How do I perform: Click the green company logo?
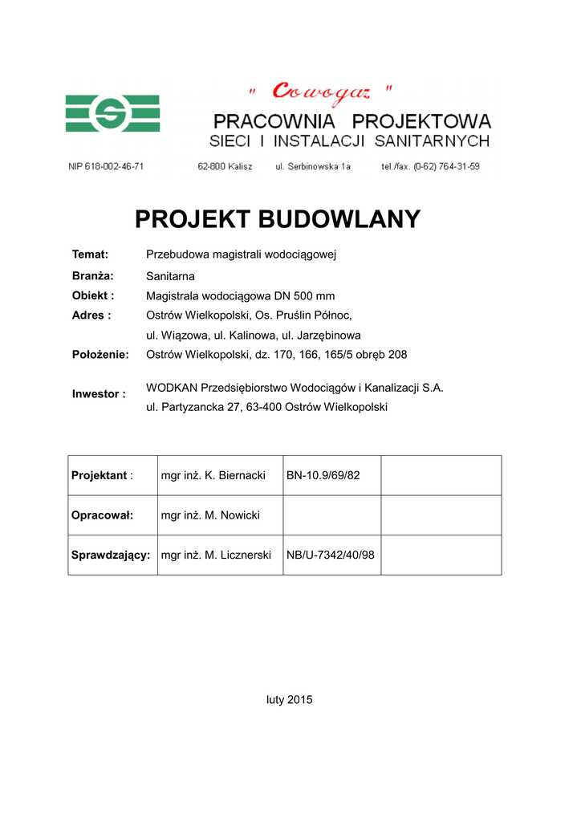click(112, 113)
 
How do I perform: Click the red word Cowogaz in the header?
click(321, 92)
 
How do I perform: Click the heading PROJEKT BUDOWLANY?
click(278, 219)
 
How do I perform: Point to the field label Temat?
click(90, 254)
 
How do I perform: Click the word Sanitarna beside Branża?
click(170, 275)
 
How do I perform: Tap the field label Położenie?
click(100, 354)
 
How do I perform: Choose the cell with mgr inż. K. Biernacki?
click(213, 475)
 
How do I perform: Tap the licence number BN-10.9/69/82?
click(323, 475)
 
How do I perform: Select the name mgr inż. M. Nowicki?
click(210, 515)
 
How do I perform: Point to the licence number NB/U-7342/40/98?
click(331, 555)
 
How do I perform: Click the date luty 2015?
click(290, 699)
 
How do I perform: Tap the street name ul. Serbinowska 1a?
click(313, 166)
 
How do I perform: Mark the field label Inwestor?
click(99, 394)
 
